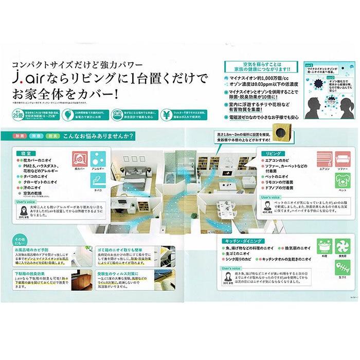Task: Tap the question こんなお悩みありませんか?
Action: (x=98, y=136)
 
